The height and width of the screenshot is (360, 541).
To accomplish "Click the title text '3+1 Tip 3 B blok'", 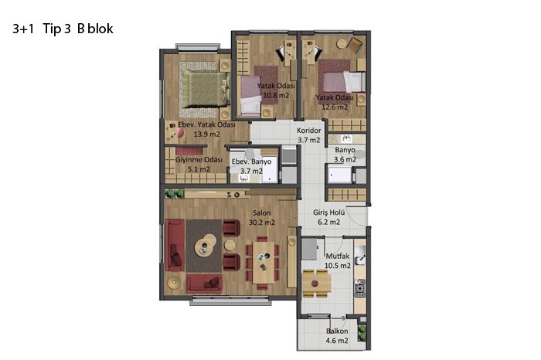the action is click(x=63, y=29).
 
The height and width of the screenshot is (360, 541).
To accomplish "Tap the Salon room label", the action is click(x=261, y=213).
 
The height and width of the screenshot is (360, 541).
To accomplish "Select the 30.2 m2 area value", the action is click(x=262, y=222).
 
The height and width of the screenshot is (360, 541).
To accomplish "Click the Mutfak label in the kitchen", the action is click(x=338, y=256).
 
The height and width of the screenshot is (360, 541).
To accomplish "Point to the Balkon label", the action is click(x=337, y=331).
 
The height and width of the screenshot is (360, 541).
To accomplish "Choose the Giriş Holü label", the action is click(x=328, y=212).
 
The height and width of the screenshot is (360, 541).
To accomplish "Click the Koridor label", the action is click(x=309, y=131).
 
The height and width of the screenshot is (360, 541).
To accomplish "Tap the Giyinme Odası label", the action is click(x=199, y=160).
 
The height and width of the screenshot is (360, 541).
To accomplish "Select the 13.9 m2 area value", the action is click(x=206, y=134).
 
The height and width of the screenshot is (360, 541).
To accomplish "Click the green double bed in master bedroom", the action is click(x=205, y=88).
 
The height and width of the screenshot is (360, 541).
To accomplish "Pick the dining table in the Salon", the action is click(x=264, y=262).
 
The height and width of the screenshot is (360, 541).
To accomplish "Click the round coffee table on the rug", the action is click(x=206, y=245).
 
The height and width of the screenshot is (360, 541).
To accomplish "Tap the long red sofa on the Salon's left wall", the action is click(x=175, y=245).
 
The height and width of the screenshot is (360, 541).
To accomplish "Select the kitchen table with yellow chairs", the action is click(x=317, y=284).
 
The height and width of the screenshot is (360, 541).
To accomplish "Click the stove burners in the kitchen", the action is click(x=359, y=289).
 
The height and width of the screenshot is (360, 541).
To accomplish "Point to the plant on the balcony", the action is click(x=362, y=333).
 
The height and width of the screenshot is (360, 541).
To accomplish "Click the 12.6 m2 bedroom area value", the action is click(x=335, y=107).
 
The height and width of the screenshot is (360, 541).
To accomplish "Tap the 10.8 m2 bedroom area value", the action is click(x=276, y=95).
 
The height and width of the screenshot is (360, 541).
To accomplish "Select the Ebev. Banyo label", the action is click(x=251, y=161).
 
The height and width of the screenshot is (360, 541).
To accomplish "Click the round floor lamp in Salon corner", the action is click(x=174, y=283).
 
